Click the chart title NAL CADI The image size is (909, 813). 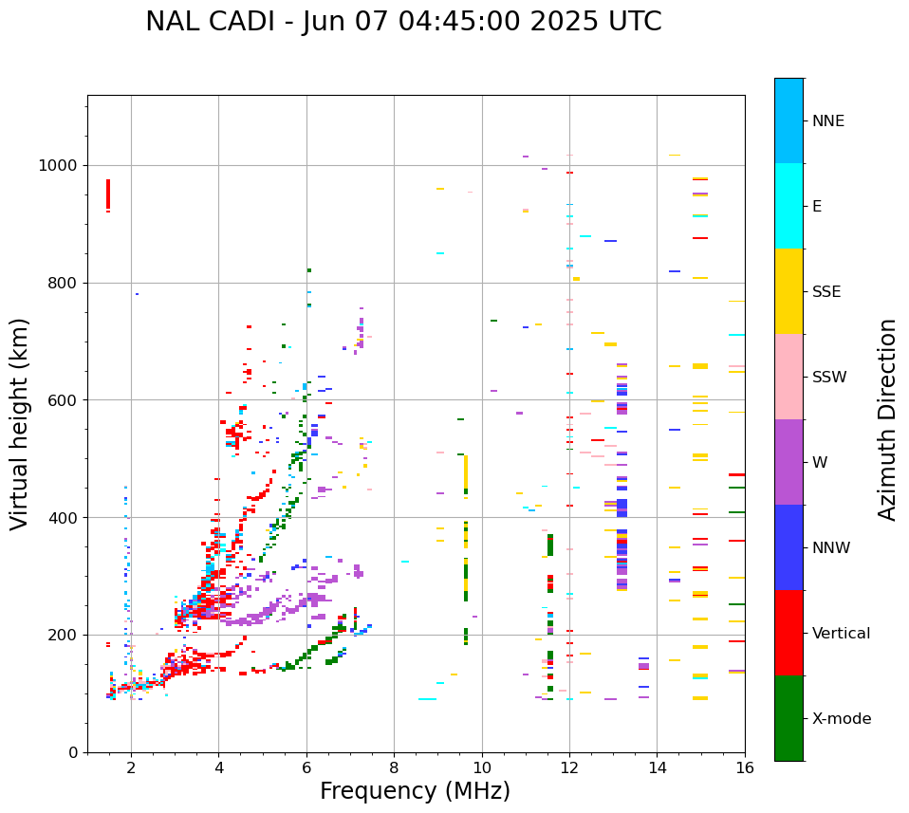tap(403, 22)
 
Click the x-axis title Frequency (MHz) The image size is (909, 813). tap(415, 791)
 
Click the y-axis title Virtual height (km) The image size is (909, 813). tap(20, 424)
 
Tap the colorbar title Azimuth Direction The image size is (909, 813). tap(887, 419)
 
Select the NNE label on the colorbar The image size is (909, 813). tap(828, 121)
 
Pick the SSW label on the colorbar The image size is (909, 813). tap(829, 378)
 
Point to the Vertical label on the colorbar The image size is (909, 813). tap(842, 634)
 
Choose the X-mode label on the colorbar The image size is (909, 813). tap(842, 719)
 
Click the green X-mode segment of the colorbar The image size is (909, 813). tap(788, 718)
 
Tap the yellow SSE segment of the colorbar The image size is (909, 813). tap(788, 291)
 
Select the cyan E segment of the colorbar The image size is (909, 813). tap(788, 206)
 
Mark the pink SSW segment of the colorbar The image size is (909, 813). tap(788, 377)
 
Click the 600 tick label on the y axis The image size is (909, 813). tap(67, 400)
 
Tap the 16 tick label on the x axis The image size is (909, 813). tap(745, 767)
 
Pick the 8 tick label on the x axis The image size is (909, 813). tap(394, 767)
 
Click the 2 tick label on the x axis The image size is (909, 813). tap(131, 767)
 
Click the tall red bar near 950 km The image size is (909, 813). tap(108, 194)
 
